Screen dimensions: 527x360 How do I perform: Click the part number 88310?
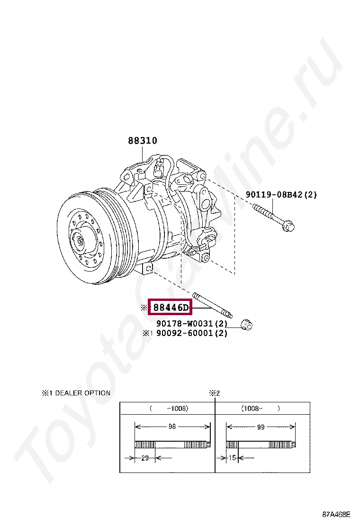(142, 141)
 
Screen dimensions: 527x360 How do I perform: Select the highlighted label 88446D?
(170, 308)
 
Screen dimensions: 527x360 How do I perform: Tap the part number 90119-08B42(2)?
(281, 194)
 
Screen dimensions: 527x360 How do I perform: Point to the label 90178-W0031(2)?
(192, 324)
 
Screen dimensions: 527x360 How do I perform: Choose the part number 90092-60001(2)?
(192, 333)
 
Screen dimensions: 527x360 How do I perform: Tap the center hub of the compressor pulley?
(80, 241)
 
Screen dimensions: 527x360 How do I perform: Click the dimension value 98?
(172, 427)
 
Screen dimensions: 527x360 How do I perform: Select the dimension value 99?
(261, 427)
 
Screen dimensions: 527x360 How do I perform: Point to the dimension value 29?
(145, 458)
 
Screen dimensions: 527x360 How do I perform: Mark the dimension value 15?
(232, 458)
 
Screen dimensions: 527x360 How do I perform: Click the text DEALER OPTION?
(82, 393)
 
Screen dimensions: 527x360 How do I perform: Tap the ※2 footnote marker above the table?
(215, 393)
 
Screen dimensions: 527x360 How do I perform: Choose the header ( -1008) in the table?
(169, 408)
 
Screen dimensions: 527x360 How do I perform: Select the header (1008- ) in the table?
(261, 408)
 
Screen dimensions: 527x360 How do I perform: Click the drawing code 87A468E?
(336, 514)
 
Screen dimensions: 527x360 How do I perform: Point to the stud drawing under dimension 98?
(172, 445)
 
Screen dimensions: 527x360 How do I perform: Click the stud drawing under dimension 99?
(261, 445)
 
